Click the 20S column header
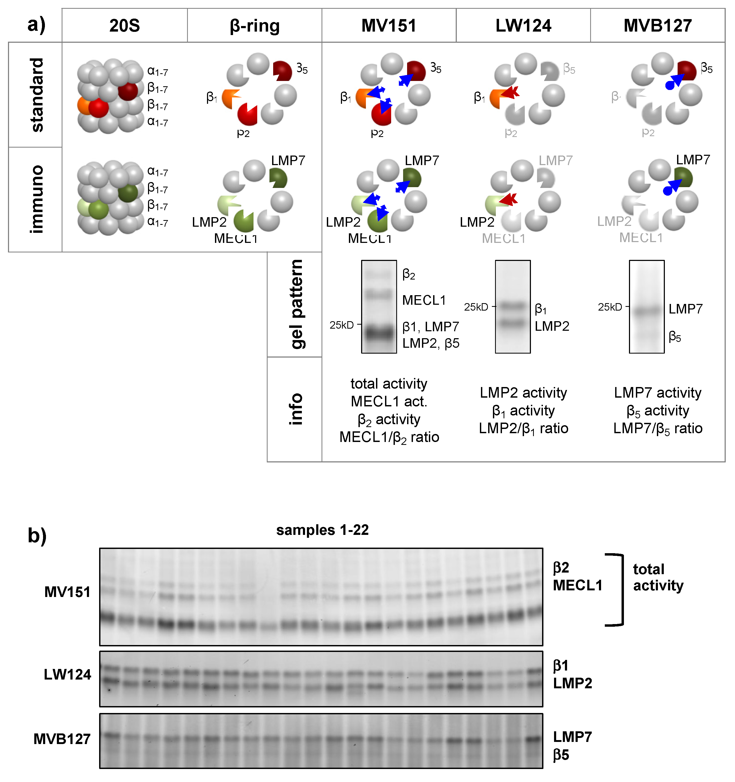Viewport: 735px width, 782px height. pos(124,25)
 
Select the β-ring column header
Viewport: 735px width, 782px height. pos(255,25)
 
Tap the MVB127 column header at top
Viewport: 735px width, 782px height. pos(657,25)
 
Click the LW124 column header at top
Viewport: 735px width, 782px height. pos(523,25)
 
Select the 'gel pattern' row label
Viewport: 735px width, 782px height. pos(296,304)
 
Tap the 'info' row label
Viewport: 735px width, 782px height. pos(296,409)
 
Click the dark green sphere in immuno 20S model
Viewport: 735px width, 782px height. pos(128,193)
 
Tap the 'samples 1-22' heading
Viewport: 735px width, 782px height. pos(322,530)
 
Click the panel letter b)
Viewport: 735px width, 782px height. pos(37,535)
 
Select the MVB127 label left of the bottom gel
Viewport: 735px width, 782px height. pos(62,739)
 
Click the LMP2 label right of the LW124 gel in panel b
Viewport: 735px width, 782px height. pos(572,683)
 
